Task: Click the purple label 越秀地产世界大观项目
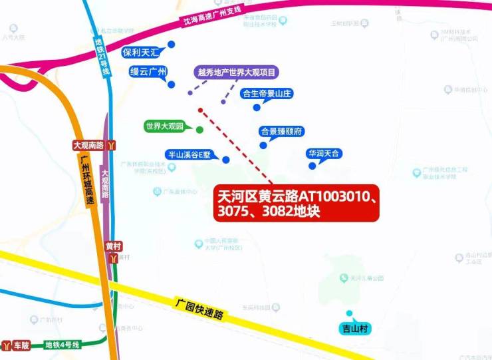[x=237, y=72]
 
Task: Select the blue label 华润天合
[x=323, y=154]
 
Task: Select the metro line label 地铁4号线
[x=62, y=345]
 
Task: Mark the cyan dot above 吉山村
[x=348, y=313]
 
